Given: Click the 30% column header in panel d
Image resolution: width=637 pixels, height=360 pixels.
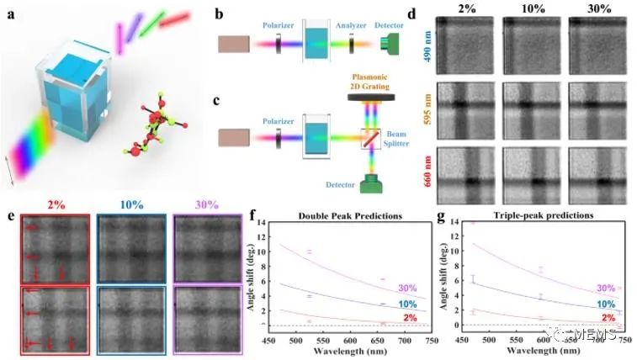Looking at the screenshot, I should point(599,11).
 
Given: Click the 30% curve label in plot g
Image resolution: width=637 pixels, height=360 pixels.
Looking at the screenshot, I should point(605,288).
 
